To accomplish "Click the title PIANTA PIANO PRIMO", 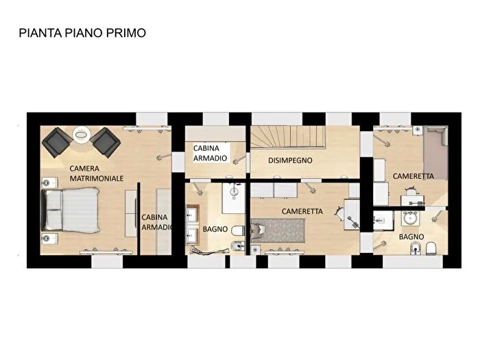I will click(x=82, y=32).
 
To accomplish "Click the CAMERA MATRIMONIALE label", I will click(x=96, y=173).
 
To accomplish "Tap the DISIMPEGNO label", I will click(x=290, y=160).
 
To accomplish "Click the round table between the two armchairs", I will click(x=81, y=136).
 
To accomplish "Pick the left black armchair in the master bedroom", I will click(x=56, y=142).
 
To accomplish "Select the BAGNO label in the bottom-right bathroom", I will click(x=411, y=237).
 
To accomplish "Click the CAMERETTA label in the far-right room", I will click(x=413, y=176).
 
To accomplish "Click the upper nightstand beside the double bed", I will click(x=47, y=182).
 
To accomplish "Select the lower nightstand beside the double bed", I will click(x=47, y=237).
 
